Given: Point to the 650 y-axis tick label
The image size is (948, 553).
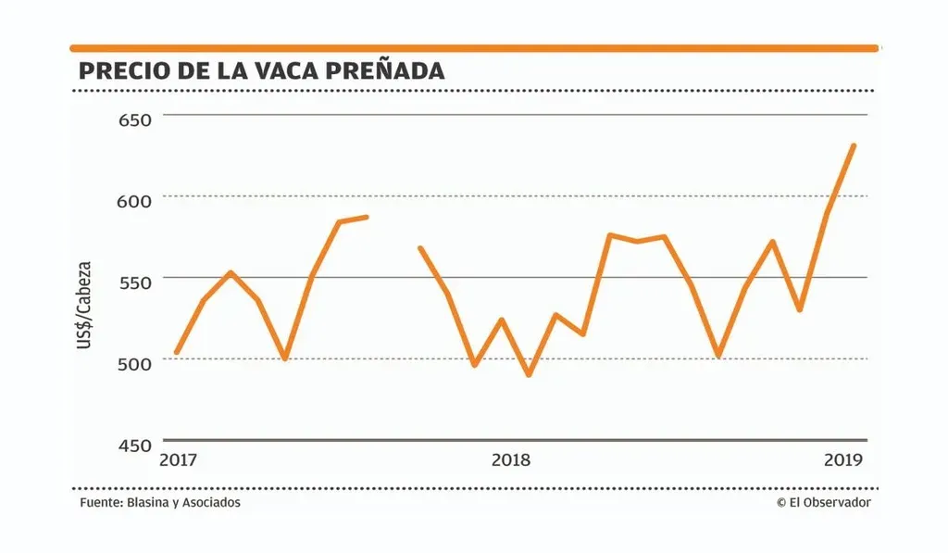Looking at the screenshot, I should point(135,119).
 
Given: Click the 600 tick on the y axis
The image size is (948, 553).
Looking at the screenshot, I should point(135,200).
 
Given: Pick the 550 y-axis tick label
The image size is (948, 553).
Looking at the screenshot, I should point(135,282).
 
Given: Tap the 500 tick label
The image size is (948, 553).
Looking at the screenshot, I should point(135,363).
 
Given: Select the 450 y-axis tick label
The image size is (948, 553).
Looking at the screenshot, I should point(135,445).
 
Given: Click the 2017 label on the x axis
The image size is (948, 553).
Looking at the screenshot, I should point(179,459).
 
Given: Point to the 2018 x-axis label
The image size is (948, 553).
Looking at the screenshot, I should point(511,459).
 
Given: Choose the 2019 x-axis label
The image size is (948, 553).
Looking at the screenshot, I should point(843,459).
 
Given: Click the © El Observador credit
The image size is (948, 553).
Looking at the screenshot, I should point(824,502).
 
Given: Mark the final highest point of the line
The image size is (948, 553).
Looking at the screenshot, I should point(853,145).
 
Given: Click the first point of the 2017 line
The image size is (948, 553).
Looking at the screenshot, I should point(177,353).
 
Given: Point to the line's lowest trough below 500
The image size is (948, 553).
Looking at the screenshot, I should point(529,375).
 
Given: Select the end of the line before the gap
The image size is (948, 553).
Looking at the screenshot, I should point(367,217).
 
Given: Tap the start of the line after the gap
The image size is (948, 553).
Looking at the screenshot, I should point(420,248).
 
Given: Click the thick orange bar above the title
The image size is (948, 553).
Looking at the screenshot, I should point(474,47).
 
